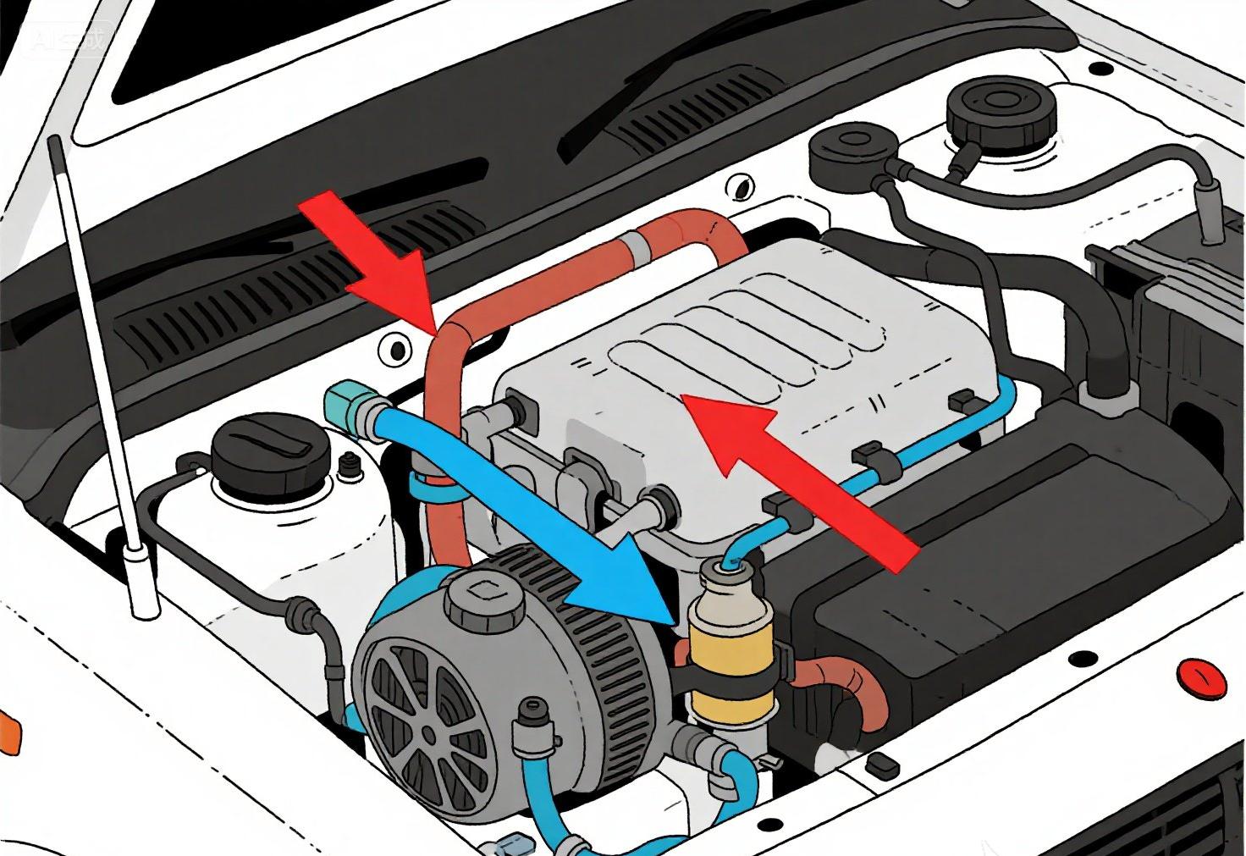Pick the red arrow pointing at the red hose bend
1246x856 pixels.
[x=381, y=254]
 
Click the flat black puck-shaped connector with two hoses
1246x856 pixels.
[x=846, y=152]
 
